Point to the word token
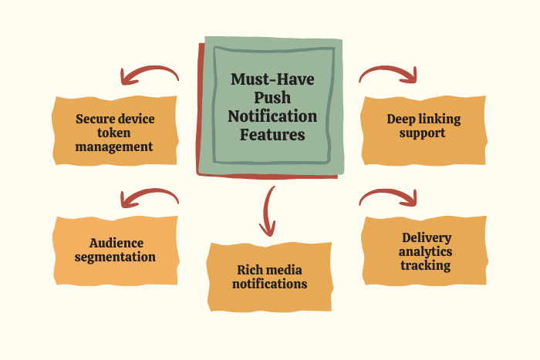click(114, 133)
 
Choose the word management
click(114, 146)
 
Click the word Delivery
click(426, 237)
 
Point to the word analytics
click(426, 251)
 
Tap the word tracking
click(426, 265)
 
